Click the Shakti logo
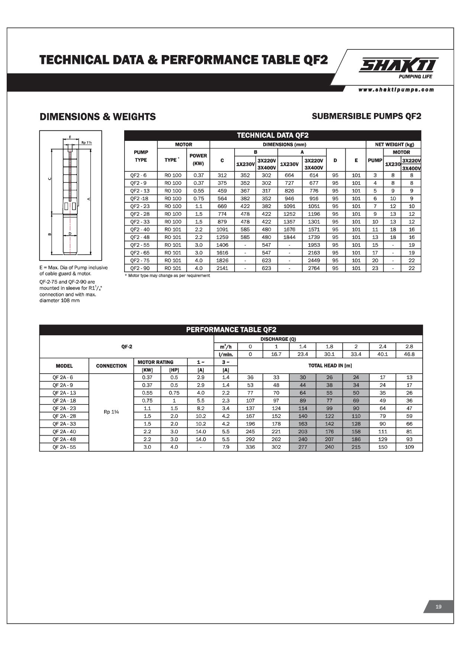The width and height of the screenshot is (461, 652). [x=398, y=66]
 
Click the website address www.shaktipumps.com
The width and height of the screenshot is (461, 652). [x=396, y=90]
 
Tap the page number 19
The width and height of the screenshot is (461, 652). [x=438, y=607]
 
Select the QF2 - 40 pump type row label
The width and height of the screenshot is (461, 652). [x=140, y=229]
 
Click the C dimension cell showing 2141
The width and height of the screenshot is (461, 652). [x=222, y=268]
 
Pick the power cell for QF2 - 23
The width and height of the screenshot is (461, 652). [x=199, y=206]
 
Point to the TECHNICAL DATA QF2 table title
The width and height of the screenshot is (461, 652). [x=273, y=135]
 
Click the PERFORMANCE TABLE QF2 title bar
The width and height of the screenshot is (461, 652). [x=231, y=330]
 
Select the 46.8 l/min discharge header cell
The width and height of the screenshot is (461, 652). [x=409, y=354]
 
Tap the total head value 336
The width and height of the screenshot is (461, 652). [x=250, y=447]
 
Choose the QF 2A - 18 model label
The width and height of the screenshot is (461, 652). [x=64, y=400]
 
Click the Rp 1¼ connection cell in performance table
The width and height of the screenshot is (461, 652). [x=111, y=412]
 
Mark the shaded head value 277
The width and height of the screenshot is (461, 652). [x=303, y=447]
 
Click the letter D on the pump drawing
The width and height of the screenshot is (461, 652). [x=70, y=233]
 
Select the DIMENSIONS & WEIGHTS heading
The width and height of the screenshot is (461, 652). [x=98, y=117]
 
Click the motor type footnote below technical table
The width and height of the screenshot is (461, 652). [x=167, y=276]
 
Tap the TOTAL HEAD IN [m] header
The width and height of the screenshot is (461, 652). [x=330, y=365]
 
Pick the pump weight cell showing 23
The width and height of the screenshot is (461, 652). [x=375, y=268]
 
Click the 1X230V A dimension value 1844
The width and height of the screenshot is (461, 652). [x=289, y=237]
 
